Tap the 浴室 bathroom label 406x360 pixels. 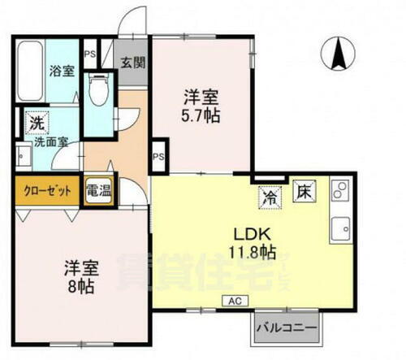click(x=62, y=70)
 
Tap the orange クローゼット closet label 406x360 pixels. click(x=47, y=190)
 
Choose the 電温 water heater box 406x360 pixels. click(x=98, y=189)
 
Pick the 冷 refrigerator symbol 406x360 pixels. click(x=269, y=196)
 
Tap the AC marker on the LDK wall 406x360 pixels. click(x=233, y=300)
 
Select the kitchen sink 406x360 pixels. click(x=339, y=228)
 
